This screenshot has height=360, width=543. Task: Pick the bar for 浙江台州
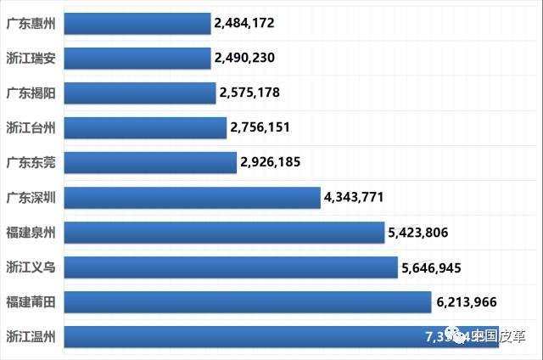tap(145, 127)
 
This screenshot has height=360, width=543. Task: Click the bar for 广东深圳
tap(192, 197)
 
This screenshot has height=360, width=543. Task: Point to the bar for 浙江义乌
tap(230, 267)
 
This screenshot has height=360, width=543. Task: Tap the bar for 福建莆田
tap(247, 302)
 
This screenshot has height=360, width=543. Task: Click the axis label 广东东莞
tap(31, 162)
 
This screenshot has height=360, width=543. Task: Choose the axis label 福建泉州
tap(31, 232)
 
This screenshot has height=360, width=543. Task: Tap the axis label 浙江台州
tap(31, 127)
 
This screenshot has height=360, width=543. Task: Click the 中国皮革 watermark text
tap(500, 335)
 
